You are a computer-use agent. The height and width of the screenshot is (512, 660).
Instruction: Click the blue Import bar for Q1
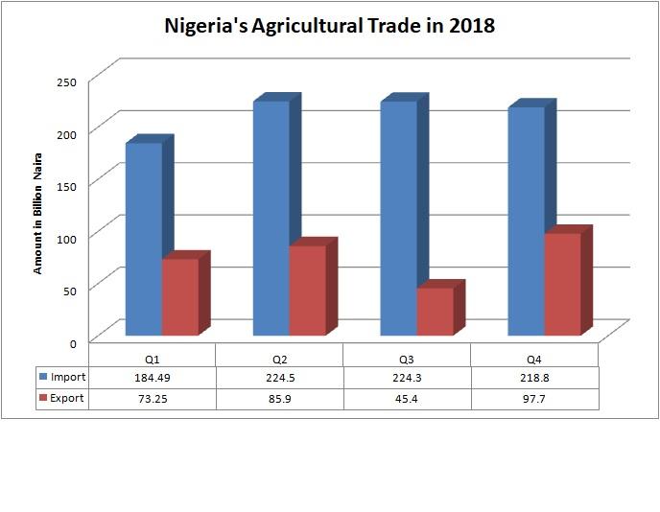144,240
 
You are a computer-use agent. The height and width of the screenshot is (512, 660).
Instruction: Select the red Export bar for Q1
179,297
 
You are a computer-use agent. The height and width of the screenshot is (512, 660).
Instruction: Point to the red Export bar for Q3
435,311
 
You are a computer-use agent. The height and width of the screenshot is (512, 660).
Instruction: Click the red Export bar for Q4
562,285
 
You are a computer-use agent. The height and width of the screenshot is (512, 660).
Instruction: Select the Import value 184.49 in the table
152,378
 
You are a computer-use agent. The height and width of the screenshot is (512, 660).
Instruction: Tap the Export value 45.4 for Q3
407,399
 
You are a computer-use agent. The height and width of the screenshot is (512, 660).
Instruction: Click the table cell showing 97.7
534,399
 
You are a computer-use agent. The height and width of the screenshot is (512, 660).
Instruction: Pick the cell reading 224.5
279,378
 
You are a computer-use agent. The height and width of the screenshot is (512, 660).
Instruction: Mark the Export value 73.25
152,399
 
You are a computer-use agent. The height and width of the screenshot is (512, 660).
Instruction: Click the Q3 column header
407,357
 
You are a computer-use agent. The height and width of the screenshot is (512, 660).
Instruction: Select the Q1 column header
152,357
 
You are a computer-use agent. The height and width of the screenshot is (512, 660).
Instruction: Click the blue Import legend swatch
43,377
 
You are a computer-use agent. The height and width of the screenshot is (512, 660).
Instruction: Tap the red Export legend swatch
43,398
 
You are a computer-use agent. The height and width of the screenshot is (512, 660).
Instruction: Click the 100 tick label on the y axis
65,236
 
